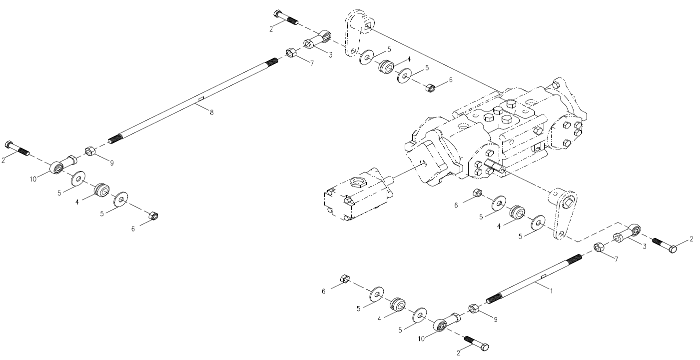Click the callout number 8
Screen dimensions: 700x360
211,112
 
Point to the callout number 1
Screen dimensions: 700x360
551,291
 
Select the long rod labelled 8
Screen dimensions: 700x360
193,101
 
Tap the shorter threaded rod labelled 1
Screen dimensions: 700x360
534,278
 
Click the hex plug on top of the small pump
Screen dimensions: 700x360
356,181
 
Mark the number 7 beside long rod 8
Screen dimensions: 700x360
312,63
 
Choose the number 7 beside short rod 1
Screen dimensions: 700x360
616,259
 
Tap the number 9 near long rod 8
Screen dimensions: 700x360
111,163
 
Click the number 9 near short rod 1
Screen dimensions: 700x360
496,319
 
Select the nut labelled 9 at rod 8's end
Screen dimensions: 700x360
90,151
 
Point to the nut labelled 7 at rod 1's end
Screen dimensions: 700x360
599,247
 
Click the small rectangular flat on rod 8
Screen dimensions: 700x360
201,99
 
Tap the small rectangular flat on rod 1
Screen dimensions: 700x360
544,276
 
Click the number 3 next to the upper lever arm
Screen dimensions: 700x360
330,55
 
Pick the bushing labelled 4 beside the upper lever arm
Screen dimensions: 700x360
386,66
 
